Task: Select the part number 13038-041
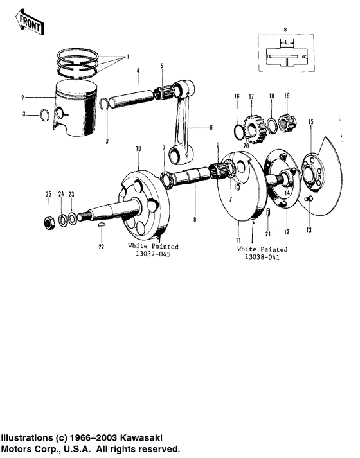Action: tap(262, 258)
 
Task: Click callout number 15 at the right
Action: tap(311, 121)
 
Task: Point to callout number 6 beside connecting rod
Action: tap(210, 127)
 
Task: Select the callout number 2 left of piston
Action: tap(22, 98)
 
